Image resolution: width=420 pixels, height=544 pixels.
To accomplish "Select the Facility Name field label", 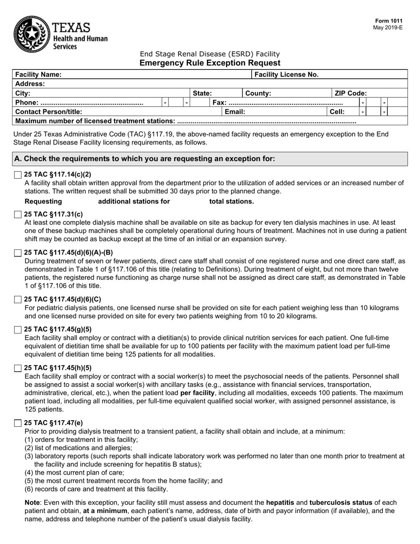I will tap(38, 75).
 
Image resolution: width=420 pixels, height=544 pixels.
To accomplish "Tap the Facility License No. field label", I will tap(286, 75).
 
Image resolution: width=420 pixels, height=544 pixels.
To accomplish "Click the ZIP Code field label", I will tap(351, 93).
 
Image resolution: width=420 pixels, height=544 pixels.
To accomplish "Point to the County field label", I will tap(258, 93).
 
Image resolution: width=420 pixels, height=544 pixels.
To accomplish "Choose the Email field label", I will tap(235, 112).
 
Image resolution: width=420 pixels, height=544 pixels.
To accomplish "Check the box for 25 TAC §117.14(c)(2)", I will tap(18, 175).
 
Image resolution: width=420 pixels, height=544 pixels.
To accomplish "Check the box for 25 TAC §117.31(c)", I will tap(18, 215).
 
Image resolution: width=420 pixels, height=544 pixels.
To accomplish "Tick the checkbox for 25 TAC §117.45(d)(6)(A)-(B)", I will tap(18, 253).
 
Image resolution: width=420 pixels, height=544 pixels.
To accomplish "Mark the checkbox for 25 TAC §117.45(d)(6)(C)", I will tap(18, 300).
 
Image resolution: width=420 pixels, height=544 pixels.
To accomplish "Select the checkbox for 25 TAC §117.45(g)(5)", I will tap(18, 329).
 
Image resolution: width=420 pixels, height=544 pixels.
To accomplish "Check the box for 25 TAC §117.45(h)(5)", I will tap(18, 368).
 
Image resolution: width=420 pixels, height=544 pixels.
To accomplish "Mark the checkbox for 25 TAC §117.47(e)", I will tap(18, 423).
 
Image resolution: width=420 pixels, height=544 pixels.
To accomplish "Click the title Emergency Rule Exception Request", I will tap(210, 63).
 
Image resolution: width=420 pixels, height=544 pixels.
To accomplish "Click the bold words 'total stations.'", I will tap(232, 202).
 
